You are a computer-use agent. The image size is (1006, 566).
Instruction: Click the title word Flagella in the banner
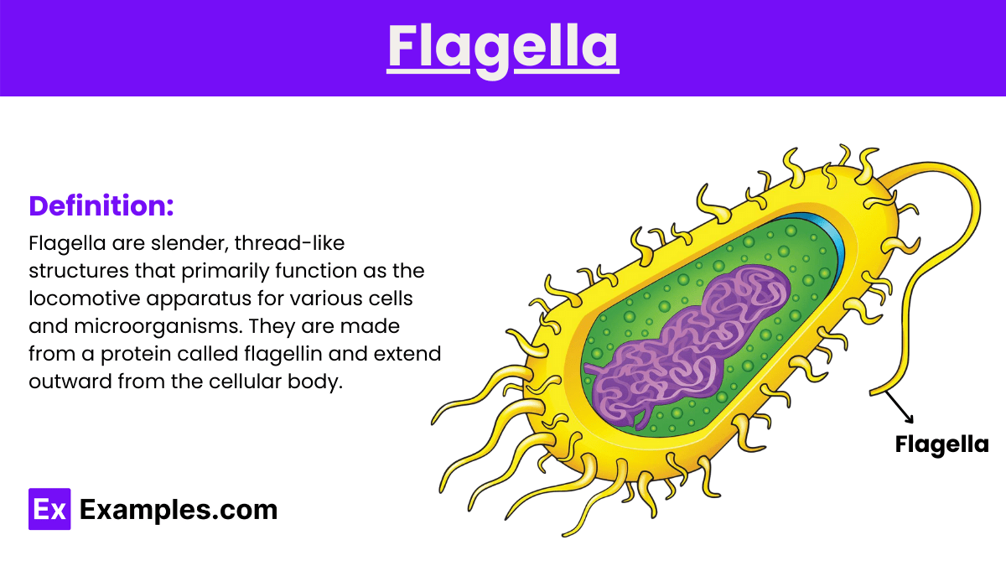tap(503, 48)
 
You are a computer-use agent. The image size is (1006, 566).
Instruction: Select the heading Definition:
tap(101, 205)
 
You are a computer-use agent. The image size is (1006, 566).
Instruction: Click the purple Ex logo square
tap(49, 509)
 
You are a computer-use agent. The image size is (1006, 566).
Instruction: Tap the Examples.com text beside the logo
tap(179, 509)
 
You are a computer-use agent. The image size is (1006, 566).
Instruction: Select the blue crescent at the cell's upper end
tap(817, 239)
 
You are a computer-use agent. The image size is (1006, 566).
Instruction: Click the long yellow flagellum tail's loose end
tap(877, 391)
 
